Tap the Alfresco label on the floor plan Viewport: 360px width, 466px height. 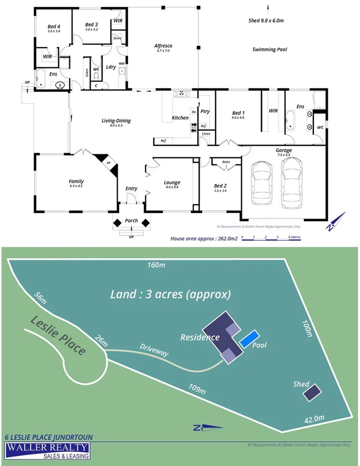(163, 46)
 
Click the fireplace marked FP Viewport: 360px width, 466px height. (109, 164)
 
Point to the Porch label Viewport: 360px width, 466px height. (131, 220)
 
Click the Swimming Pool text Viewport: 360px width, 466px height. (269, 50)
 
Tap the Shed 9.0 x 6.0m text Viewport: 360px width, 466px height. (266, 21)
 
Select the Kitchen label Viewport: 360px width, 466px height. (180, 118)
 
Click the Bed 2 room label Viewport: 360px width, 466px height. (220, 186)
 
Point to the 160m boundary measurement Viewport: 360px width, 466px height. (156, 265)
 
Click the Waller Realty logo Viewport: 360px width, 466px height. (47, 450)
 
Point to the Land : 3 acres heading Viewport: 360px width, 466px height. (170, 294)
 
